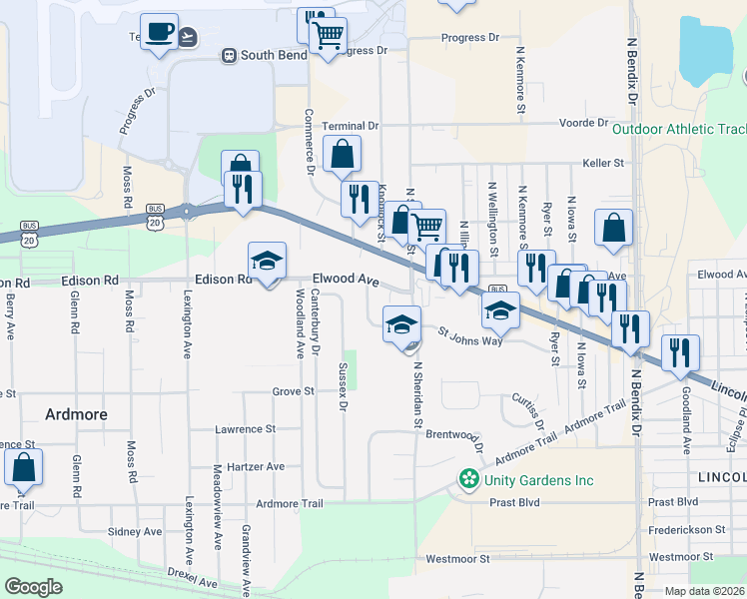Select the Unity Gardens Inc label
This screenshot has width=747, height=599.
[539, 480]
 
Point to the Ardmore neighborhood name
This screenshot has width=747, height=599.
[76, 413]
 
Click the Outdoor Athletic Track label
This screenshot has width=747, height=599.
[679, 129]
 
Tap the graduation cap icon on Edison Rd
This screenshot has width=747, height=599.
[267, 262]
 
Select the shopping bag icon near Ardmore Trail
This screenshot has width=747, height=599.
[23, 468]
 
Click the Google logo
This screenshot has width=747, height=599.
[33, 587]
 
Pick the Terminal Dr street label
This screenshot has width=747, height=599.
[351, 127]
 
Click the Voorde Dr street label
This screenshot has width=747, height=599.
[584, 123]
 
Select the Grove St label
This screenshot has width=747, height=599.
[293, 392]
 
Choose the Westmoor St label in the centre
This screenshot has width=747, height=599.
[457, 559]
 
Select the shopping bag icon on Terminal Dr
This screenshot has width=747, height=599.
[342, 156]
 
